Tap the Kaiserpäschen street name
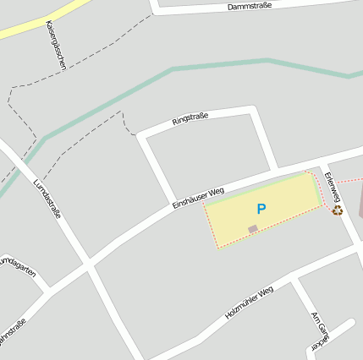tap(56, 44)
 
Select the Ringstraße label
tap(190, 118)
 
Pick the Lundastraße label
tap(47, 199)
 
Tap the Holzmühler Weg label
tap(250, 302)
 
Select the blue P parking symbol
tap(261, 209)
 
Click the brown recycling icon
tap(337, 210)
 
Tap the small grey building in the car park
tap(252, 229)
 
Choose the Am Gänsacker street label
tap(319, 330)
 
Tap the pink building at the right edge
tap(360, 203)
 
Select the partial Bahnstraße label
tap(11, 332)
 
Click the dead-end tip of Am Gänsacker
tap(351, 323)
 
